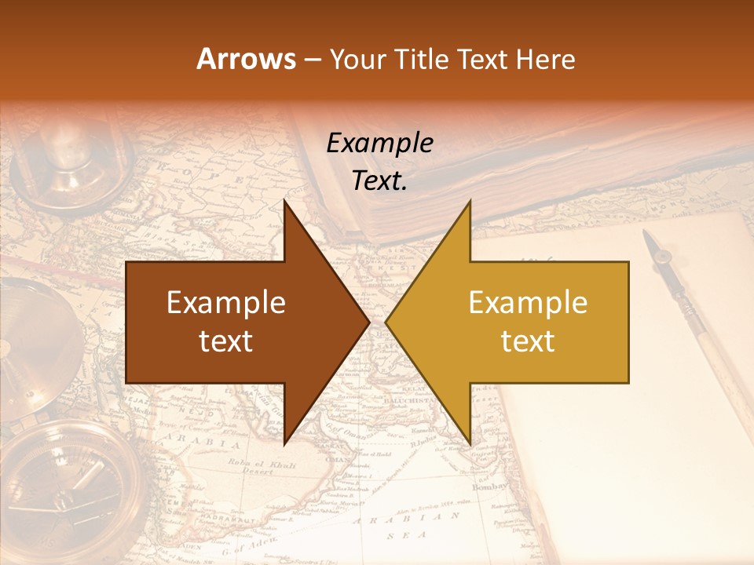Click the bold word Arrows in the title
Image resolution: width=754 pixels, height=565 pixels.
247,60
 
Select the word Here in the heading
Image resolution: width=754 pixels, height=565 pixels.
545,60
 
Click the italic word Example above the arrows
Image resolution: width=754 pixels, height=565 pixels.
379,144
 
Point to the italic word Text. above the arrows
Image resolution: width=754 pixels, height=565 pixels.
379,181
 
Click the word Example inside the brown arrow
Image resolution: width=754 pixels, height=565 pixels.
226,303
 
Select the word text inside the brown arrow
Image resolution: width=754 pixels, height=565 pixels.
226,341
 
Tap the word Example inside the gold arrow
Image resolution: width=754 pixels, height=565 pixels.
528,303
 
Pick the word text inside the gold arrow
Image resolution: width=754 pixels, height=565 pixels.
528,341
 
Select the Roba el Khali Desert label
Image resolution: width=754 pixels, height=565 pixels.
262,467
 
